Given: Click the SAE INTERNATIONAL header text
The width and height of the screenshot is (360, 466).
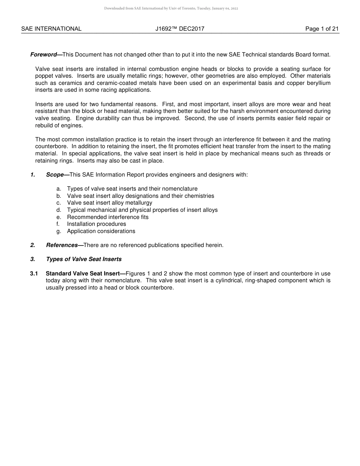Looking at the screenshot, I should point(51,29).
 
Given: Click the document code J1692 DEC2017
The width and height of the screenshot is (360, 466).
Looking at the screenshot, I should point(180,29).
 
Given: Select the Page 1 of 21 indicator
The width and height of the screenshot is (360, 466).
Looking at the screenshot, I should point(322,29).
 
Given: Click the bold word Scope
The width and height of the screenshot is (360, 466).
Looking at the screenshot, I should point(55,175).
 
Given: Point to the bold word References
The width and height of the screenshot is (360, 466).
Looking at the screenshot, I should point(62,245).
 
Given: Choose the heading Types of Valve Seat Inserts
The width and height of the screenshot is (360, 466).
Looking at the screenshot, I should point(84,259).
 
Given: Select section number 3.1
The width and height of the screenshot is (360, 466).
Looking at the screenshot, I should point(34,274).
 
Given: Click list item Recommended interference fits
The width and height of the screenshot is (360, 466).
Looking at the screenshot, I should point(108,217).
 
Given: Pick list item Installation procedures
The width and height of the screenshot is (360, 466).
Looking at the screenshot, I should point(96,224).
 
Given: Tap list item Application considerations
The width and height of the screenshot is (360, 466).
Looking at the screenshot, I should point(101,231).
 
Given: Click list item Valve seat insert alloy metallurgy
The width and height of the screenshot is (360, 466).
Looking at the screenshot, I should point(110,203).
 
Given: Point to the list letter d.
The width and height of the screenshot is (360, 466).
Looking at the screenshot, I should point(59,210).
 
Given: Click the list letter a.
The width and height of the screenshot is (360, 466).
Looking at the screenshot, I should point(59,189).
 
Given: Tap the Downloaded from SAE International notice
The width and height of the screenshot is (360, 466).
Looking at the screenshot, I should point(171,8).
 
